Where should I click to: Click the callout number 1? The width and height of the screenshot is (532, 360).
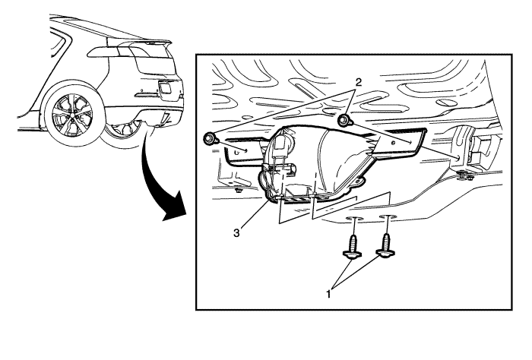(x=328, y=294)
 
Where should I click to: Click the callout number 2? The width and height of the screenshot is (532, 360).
(x=358, y=82)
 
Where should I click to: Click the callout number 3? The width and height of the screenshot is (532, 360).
(x=236, y=233)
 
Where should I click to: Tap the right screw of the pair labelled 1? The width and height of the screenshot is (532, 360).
(x=386, y=245)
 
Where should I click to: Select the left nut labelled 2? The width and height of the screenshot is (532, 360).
(x=210, y=139)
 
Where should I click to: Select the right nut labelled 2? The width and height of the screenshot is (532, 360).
(x=345, y=120)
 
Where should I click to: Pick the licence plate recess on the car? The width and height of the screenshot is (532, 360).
(x=165, y=88)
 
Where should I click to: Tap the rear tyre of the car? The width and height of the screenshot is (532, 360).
(x=73, y=115)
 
